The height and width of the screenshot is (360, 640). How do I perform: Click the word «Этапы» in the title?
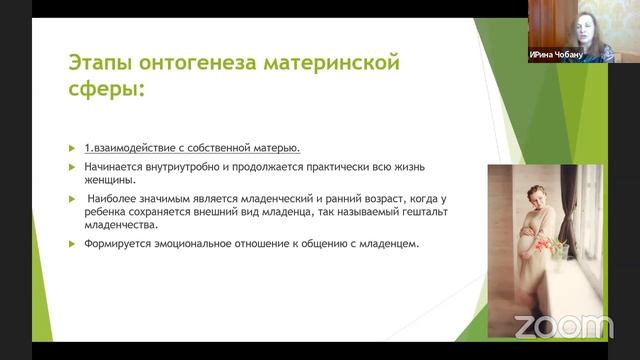(x=100, y=63)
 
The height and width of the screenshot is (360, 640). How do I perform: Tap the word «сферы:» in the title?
(x=107, y=88)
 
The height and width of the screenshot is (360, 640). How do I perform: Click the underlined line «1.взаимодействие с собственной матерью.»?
(x=192, y=148)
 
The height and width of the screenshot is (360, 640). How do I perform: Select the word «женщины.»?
(x=110, y=180)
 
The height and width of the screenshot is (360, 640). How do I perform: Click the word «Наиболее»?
(x=111, y=199)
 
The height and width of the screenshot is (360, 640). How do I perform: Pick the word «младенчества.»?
(x=121, y=225)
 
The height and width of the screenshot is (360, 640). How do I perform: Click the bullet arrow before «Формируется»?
(x=72, y=244)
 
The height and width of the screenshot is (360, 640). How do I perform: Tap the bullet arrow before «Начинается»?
(x=72, y=167)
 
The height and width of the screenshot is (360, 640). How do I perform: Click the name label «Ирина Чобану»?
(x=556, y=54)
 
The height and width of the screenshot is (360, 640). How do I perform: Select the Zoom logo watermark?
(x=564, y=327)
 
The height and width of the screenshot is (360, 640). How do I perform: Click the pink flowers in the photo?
(x=546, y=246)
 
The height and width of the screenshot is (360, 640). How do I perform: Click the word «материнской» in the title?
(x=331, y=63)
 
